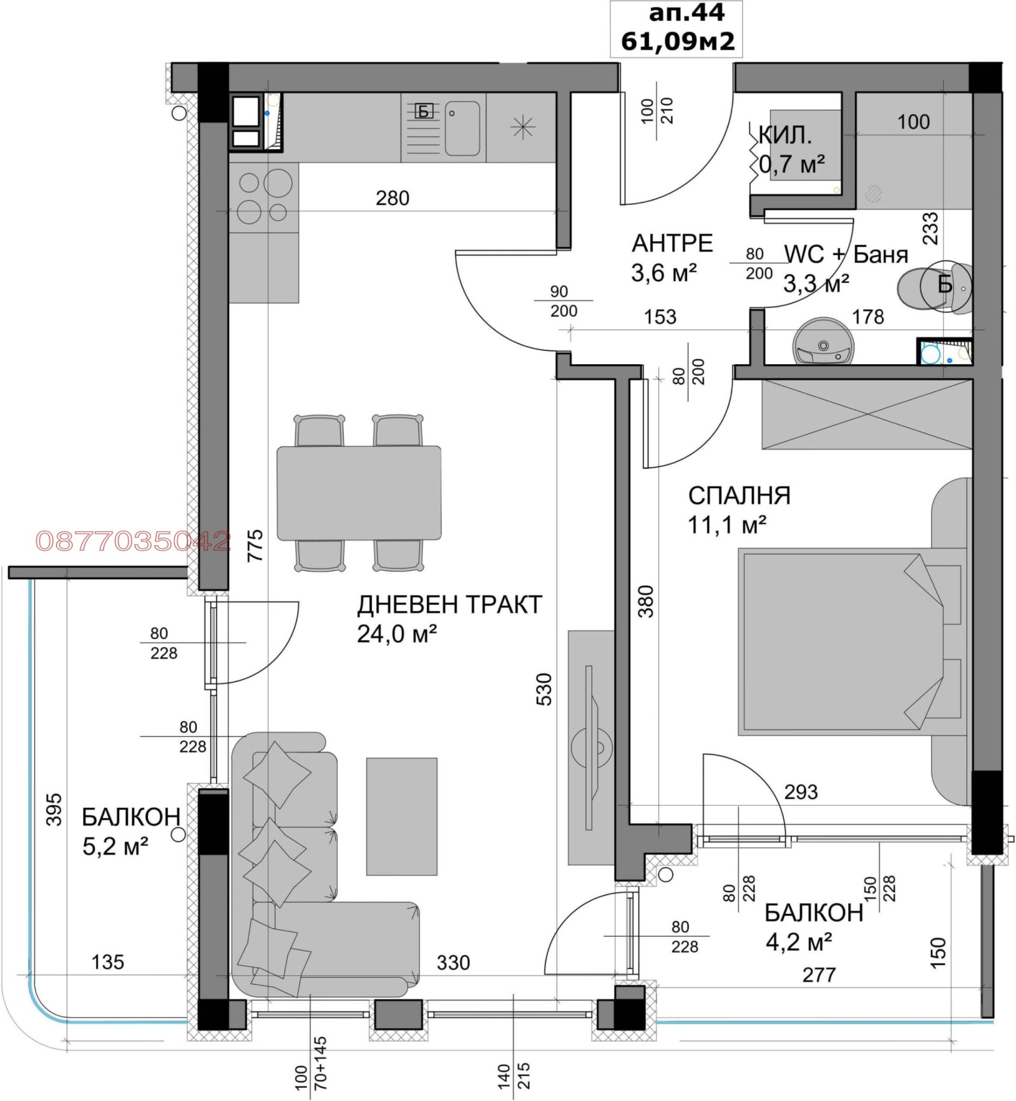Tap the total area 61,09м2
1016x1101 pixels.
pyautogui.click(x=678, y=41)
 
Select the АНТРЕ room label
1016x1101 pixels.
pyautogui.click(x=672, y=244)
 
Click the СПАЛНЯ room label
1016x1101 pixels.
pyautogui.click(x=739, y=496)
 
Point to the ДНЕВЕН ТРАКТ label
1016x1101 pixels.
pyautogui.click(x=450, y=605)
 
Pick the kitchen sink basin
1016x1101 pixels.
pyautogui.click(x=462, y=128)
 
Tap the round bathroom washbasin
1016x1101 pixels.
pyautogui.click(x=823, y=342)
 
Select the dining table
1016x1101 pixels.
pyautogui.click(x=359, y=493)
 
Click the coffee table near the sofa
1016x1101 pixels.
pyautogui.click(x=402, y=817)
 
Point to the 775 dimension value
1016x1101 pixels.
pyautogui.click(x=255, y=546)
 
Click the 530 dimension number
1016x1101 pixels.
pyautogui.click(x=544, y=689)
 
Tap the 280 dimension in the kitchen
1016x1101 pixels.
pyautogui.click(x=392, y=199)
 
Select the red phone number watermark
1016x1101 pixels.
pyautogui.click(x=133, y=541)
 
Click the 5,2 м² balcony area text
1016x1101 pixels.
pyautogui.click(x=116, y=847)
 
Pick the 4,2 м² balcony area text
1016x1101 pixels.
pyautogui.click(x=799, y=942)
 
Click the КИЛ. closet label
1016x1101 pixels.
pyautogui.click(x=785, y=135)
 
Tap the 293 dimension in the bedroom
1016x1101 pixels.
pyautogui.click(x=801, y=792)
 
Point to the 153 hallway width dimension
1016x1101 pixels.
pyautogui.click(x=660, y=317)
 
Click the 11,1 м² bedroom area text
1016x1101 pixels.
pyautogui.click(x=727, y=525)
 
